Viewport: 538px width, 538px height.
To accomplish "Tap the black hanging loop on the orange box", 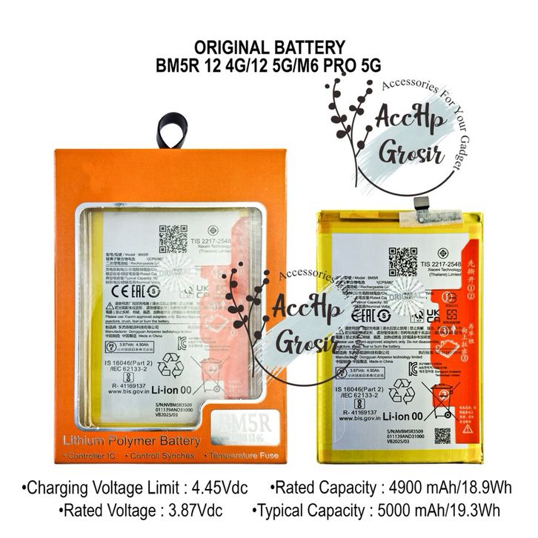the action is [x=172, y=130].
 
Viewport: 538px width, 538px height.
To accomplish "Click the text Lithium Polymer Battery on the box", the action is [x=133, y=441].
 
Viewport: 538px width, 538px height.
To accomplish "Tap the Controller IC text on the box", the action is [x=94, y=455].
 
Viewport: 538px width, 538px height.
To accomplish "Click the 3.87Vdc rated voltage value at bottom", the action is [x=202, y=510].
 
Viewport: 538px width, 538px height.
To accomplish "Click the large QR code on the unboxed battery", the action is [x=403, y=262].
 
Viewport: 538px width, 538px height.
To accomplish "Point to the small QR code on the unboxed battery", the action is [x=442, y=435].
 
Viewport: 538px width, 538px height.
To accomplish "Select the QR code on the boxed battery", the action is [x=173, y=239].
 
